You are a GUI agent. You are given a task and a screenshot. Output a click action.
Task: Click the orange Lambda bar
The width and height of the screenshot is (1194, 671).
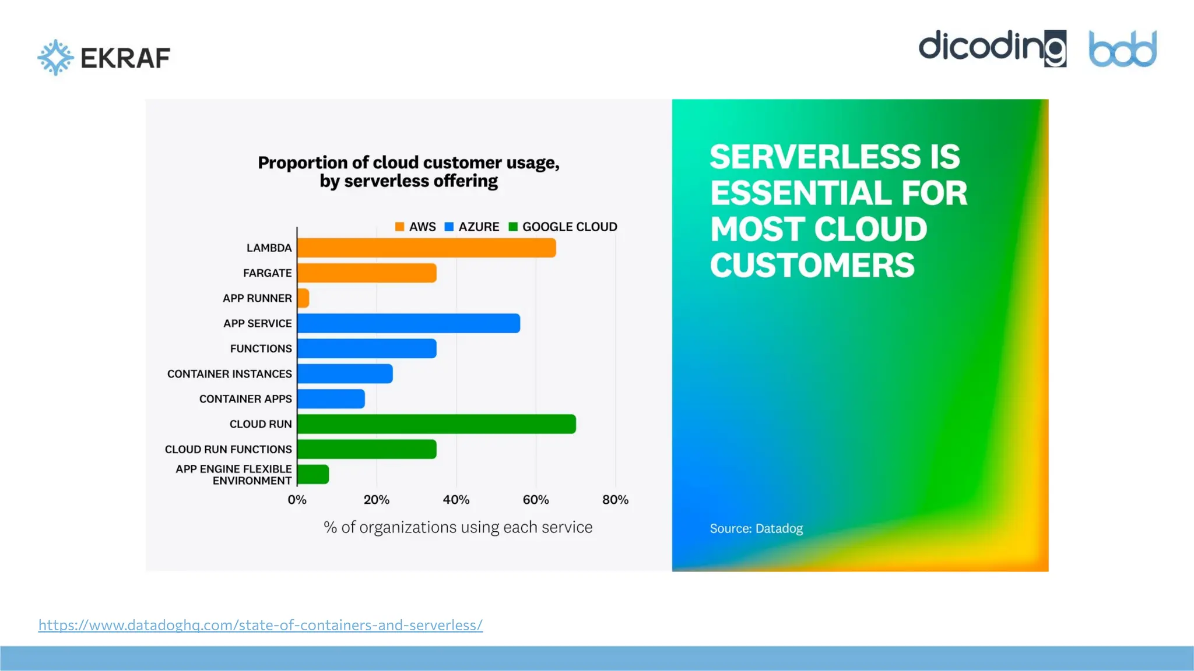tap(426, 248)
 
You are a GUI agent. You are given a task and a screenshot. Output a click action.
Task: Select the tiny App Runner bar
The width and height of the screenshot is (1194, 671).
tap(303, 298)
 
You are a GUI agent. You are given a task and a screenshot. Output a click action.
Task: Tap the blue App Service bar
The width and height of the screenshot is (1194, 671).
tap(408, 323)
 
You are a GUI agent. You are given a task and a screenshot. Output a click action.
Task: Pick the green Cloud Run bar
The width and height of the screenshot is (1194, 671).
tap(436, 424)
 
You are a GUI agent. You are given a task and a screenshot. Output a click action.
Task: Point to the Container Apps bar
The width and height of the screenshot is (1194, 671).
tap(331, 399)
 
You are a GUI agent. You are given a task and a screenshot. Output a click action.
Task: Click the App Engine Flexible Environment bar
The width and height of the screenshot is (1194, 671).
tap(313, 474)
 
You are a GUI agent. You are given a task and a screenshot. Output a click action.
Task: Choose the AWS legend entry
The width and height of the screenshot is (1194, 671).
tap(416, 227)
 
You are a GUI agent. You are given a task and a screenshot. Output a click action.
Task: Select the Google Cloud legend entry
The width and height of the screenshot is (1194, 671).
tap(563, 227)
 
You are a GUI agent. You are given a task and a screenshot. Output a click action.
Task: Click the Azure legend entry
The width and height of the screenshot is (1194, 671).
tap(472, 227)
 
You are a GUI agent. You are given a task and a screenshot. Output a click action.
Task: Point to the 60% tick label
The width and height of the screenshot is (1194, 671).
tap(535, 500)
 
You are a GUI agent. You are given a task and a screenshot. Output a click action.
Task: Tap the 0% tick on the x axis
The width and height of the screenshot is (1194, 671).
tap(297, 500)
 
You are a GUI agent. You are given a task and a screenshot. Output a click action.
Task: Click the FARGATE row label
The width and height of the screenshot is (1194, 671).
tap(267, 273)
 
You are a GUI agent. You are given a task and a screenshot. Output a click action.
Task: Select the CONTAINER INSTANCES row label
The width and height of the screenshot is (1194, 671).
tap(229, 373)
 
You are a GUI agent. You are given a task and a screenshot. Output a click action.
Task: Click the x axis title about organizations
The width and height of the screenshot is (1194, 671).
tap(458, 527)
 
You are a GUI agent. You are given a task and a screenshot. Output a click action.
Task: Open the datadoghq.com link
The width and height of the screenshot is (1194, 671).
tap(260, 625)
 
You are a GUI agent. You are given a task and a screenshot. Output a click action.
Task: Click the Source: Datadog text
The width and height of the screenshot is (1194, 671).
tap(756, 528)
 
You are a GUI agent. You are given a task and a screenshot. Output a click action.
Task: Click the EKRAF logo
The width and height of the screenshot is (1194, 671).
tap(104, 57)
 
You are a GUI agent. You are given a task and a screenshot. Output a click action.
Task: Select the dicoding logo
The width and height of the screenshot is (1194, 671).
tap(992, 48)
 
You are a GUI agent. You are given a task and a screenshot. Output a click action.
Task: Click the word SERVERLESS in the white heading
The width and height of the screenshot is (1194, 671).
tap(814, 157)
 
